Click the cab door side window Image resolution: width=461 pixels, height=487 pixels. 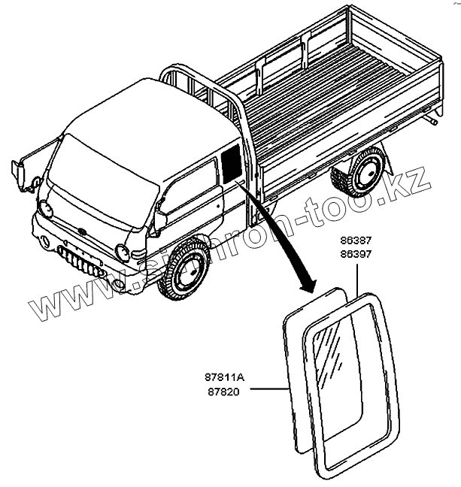coord(188,187)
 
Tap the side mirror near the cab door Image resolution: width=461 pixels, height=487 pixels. coord(159,219)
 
